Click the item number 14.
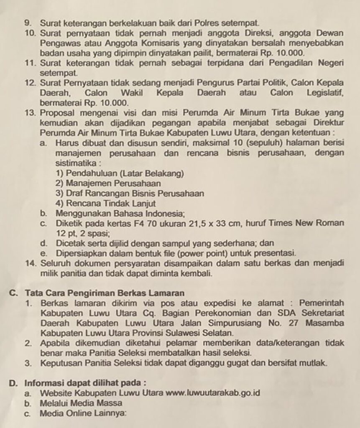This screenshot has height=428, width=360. click(30, 264)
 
